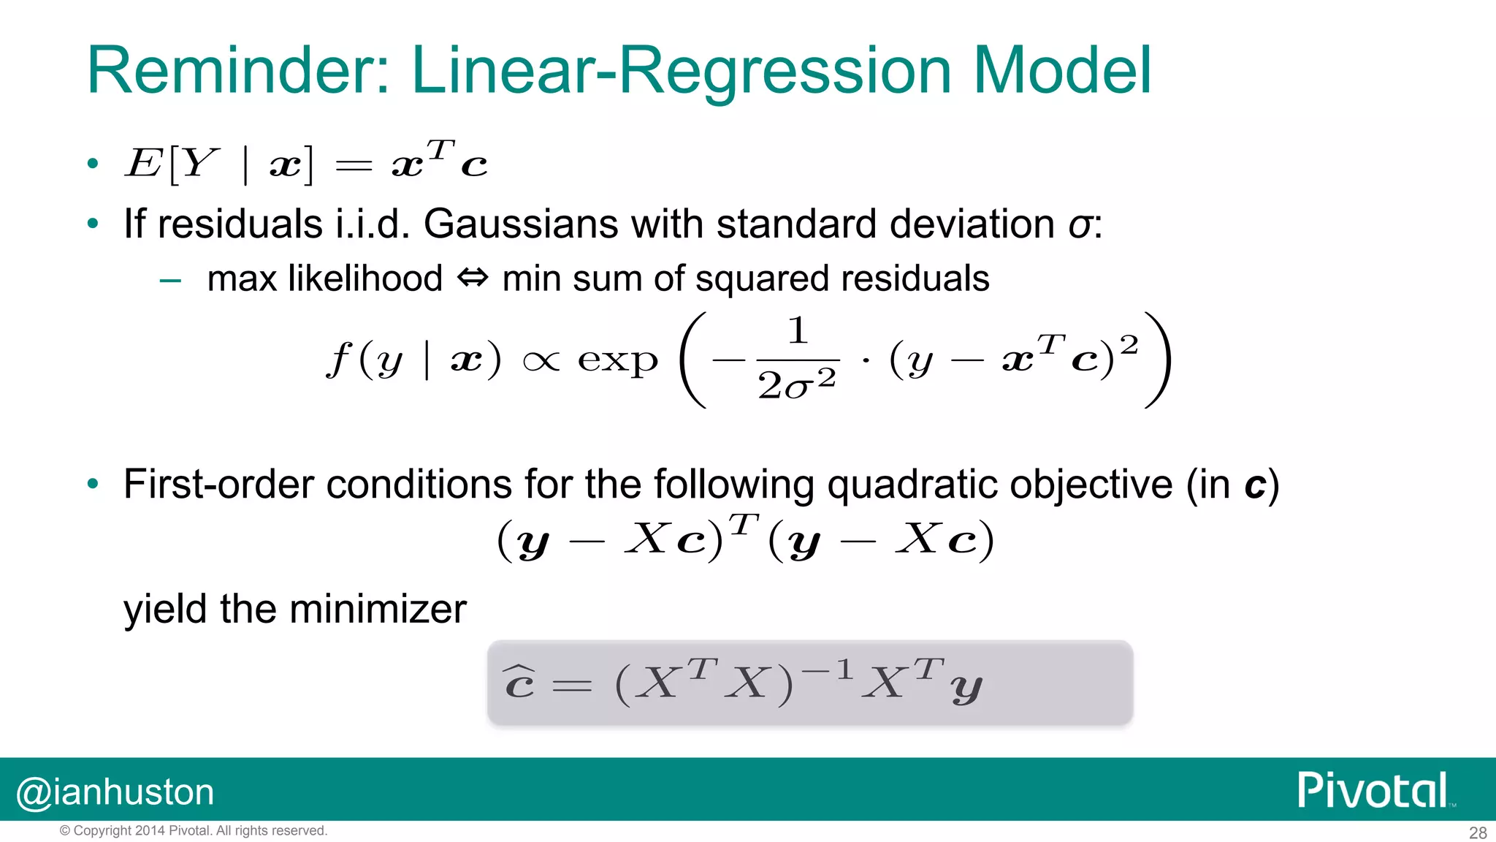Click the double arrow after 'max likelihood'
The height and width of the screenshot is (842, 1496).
tap(472, 278)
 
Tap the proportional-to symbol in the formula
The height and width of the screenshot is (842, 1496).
tap(541, 361)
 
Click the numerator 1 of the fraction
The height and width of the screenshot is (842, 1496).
tap(798, 331)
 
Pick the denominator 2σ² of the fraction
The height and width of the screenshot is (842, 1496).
tap(797, 384)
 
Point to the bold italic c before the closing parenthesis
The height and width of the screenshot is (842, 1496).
tap(1255, 486)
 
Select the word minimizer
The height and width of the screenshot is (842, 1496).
tap(380, 609)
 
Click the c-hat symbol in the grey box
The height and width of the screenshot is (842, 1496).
tap(519, 683)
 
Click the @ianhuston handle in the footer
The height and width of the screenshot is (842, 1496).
tap(115, 792)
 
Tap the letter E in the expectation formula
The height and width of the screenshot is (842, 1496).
tap(143, 162)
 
